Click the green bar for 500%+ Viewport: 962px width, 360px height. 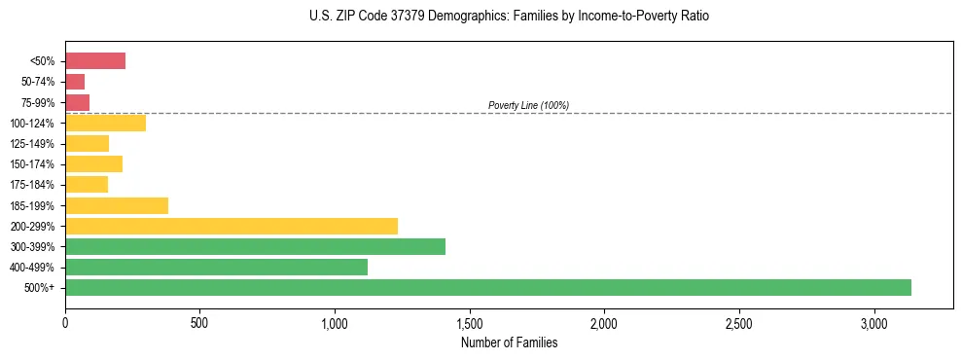point(487,287)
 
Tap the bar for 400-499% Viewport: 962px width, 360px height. point(216,267)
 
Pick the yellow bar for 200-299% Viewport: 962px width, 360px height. point(232,226)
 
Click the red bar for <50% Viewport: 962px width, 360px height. point(95,61)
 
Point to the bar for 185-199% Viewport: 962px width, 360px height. point(117,205)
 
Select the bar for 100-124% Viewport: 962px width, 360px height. point(105,123)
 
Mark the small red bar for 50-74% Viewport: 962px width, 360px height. point(75,82)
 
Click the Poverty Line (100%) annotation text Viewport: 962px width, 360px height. point(528,105)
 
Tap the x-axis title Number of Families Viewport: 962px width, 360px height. point(509,342)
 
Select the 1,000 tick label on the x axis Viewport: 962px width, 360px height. point(335,322)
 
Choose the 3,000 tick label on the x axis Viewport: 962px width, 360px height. point(873,322)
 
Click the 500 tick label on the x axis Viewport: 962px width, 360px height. point(199,322)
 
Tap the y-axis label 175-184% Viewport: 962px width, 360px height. point(37,185)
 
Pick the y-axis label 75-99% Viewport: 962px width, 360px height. point(40,103)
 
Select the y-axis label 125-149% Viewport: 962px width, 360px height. point(37,144)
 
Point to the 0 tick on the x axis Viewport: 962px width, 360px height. point(65,322)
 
